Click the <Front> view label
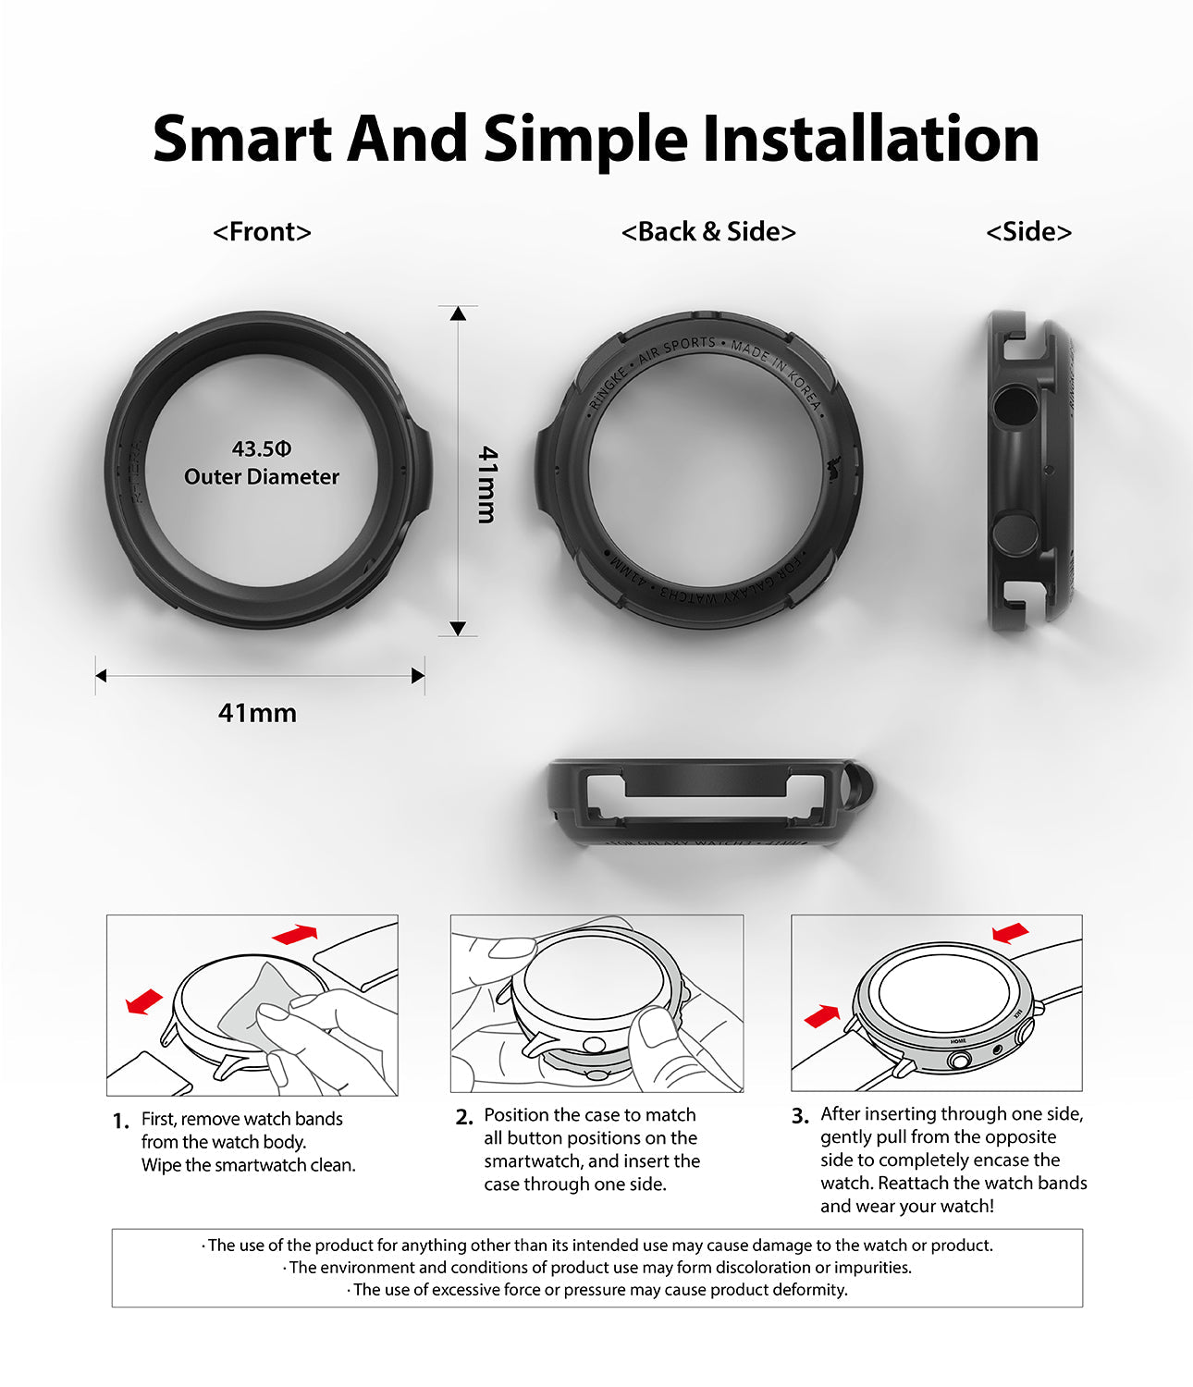(x=262, y=231)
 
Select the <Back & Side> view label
(x=708, y=231)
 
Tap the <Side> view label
(x=1028, y=231)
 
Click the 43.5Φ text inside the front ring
(x=262, y=449)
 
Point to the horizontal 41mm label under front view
(x=257, y=713)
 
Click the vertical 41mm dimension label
(x=487, y=485)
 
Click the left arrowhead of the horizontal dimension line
(x=102, y=676)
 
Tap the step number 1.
(x=120, y=1122)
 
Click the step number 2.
(x=463, y=1117)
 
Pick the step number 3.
(x=800, y=1116)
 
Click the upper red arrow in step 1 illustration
(x=295, y=934)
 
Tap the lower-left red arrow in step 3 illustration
(x=822, y=1016)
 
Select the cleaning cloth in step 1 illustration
(x=250, y=1003)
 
